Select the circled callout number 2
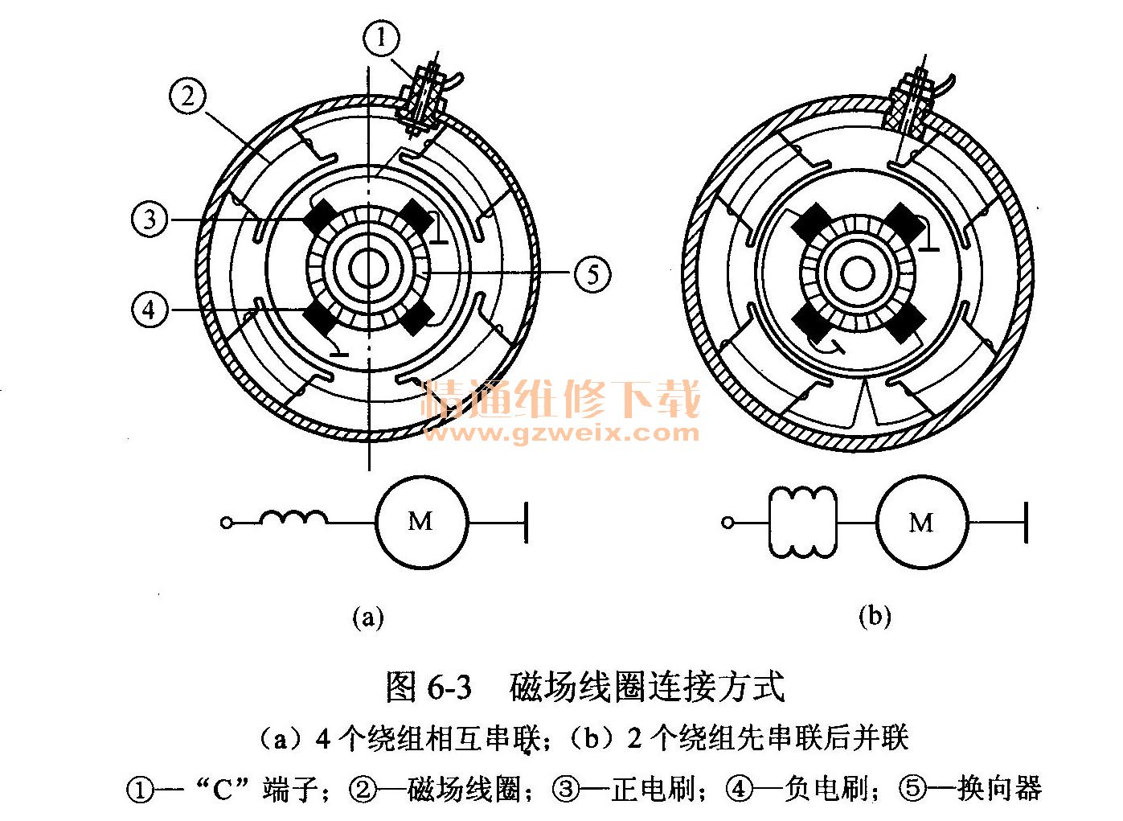tap(187, 96)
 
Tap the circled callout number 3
tap(150, 219)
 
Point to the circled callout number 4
tap(150, 310)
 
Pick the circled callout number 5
tap(592, 274)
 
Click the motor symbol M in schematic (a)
tap(420, 522)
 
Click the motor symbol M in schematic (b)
tap(921, 523)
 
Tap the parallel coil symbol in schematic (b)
tap(802, 523)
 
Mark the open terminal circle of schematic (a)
tap(227, 523)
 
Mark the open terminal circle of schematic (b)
tap(728, 523)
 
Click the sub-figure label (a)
tap(368, 617)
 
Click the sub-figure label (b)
tap(875, 617)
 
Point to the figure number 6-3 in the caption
tap(449, 688)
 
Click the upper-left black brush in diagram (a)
tap(322, 216)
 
